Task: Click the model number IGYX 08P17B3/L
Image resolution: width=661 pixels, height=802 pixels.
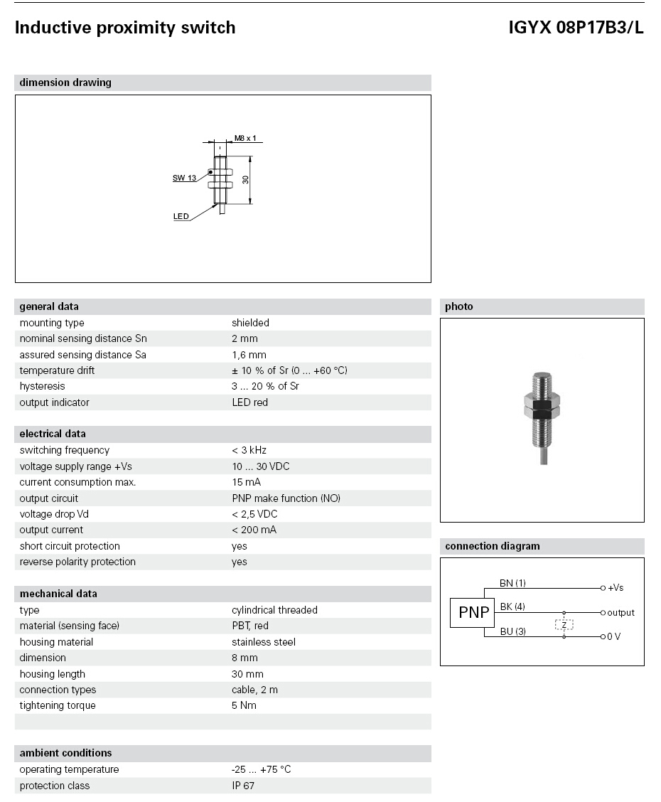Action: pyautogui.click(x=576, y=28)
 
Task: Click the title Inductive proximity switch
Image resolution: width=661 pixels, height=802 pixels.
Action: pyautogui.click(x=125, y=28)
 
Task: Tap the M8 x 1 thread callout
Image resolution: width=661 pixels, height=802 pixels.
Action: pyautogui.click(x=244, y=138)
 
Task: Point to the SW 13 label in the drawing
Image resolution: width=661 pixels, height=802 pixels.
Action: pyautogui.click(x=184, y=178)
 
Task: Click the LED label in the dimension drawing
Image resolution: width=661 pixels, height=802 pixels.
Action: pyautogui.click(x=181, y=217)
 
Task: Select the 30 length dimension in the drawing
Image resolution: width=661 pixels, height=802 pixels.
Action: pyautogui.click(x=246, y=180)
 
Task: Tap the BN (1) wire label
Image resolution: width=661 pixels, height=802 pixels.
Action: pyautogui.click(x=512, y=584)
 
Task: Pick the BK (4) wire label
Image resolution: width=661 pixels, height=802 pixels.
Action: pyautogui.click(x=512, y=607)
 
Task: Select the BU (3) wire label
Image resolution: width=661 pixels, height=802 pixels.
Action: pyautogui.click(x=512, y=631)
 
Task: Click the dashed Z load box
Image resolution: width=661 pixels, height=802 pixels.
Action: pyautogui.click(x=564, y=625)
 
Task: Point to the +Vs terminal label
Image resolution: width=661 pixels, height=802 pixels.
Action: pyautogui.click(x=616, y=589)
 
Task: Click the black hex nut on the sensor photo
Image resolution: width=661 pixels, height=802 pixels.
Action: pyautogui.click(x=542, y=410)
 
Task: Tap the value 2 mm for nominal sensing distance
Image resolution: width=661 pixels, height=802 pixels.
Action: pyautogui.click(x=244, y=338)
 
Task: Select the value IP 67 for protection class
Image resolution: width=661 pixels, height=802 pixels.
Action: pyautogui.click(x=243, y=786)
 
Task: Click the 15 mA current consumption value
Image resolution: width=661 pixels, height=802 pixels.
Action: pyautogui.click(x=246, y=482)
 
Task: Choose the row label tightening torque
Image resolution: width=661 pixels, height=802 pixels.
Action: pyautogui.click(x=58, y=705)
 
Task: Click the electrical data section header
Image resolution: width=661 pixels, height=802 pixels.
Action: pyautogui.click(x=53, y=434)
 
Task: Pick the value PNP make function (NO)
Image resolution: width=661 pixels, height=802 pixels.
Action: pyautogui.click(x=286, y=498)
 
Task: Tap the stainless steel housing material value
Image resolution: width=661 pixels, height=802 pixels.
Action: pyautogui.click(x=264, y=642)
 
